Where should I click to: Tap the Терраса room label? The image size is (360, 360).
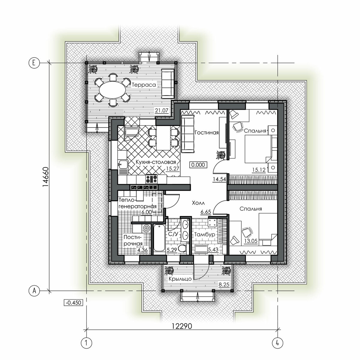pos(144,85)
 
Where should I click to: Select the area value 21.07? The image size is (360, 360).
pos(162,111)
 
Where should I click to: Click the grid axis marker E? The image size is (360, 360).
pos(34,63)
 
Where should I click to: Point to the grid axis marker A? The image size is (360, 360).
pos(34,291)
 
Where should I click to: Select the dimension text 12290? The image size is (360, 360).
pos(182,326)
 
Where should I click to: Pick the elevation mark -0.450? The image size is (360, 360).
pos(73,302)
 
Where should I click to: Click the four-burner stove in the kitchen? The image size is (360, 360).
pos(151,179)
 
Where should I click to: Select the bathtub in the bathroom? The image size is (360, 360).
pos(159,238)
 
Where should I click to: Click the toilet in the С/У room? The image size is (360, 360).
pos(182,249)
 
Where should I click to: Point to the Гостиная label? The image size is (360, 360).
pos(206,133)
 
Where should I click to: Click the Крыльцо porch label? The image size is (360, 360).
pos(180,279)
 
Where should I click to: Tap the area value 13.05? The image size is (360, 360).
pos(251,241)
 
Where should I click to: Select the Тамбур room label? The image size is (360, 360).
pos(205,235)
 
